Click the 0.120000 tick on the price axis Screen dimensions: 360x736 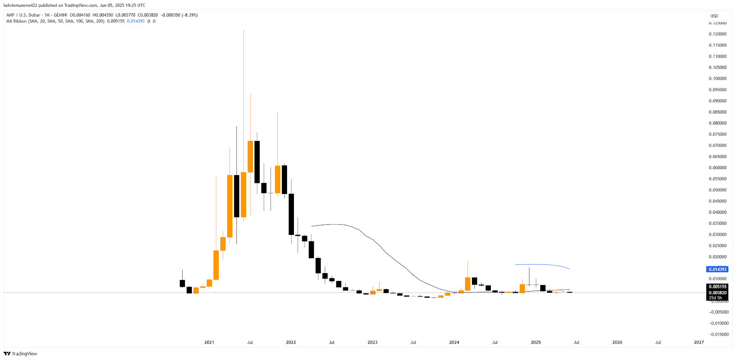[718, 34]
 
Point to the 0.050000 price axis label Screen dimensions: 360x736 [718, 190]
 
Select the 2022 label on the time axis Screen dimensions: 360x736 [291, 342]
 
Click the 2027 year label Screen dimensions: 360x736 [699, 342]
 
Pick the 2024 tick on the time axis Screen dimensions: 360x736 [454, 342]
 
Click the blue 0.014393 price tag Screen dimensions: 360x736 [717, 269]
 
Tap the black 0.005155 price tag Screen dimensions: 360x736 [717, 286]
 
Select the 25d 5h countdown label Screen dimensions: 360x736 [715, 298]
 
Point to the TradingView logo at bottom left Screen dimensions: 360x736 [20, 354]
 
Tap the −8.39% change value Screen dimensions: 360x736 [190, 15]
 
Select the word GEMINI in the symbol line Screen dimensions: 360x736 [61, 15]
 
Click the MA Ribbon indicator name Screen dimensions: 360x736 [16, 21]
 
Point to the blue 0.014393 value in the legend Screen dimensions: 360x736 [136, 21]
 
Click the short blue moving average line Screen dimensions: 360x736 [543, 265]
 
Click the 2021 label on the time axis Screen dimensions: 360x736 [209, 342]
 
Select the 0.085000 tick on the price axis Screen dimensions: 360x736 [718, 112]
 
